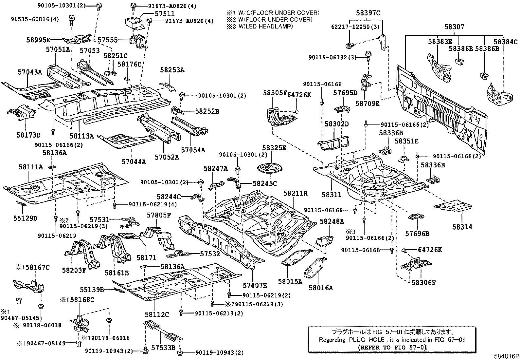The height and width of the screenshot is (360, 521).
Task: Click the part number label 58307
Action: pyautogui.click(x=454, y=27)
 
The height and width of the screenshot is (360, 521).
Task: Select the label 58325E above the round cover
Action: pyautogui.click(x=274, y=148)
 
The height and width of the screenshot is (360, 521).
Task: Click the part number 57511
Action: pyautogui.click(x=165, y=14)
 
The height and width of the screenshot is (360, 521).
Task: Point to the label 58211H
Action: pyautogui.click(x=296, y=194)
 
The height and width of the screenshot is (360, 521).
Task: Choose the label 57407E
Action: pyautogui.click(x=255, y=285)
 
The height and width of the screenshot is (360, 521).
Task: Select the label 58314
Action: pyautogui.click(x=462, y=227)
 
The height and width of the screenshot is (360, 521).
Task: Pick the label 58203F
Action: pyautogui.click(x=74, y=270)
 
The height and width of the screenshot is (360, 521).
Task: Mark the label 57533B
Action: pyautogui.click(x=163, y=347)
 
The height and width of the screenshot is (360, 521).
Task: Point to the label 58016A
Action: pyautogui.click(x=320, y=288)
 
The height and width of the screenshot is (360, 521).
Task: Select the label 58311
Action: pyautogui.click(x=331, y=195)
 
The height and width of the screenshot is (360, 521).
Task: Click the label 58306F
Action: pyautogui.click(x=423, y=283)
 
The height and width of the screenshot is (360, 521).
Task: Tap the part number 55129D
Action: pyautogui.click(x=25, y=218)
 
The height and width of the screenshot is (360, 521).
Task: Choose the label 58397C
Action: pyautogui.click(x=368, y=13)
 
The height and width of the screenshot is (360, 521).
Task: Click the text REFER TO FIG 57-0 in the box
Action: pyautogui.click(x=392, y=347)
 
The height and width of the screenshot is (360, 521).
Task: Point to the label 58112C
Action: pyautogui.click(x=157, y=314)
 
